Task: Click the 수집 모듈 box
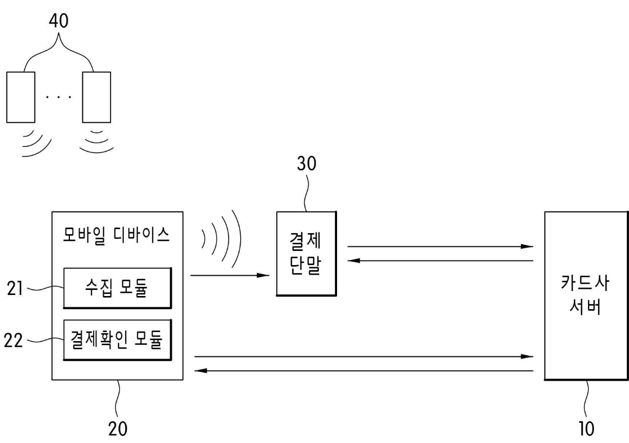click(x=117, y=288)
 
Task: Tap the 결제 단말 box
click(x=306, y=253)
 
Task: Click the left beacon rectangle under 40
click(x=21, y=97)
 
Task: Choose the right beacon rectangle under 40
click(x=96, y=97)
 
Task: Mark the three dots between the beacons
click(x=59, y=96)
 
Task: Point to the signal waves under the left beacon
click(x=35, y=143)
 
